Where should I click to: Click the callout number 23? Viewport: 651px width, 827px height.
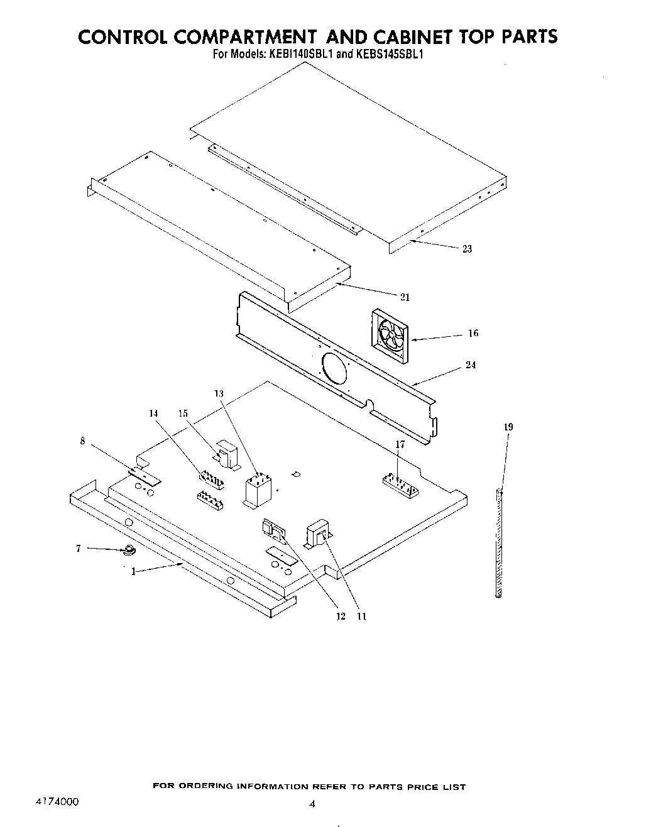pyautogui.click(x=467, y=249)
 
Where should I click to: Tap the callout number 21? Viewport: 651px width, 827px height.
pyautogui.click(x=405, y=297)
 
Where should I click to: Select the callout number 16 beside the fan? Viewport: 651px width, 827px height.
pyautogui.click(x=473, y=333)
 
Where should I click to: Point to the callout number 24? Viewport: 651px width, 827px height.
pyautogui.click(x=471, y=365)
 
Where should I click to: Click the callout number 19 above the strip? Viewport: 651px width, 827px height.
pyautogui.click(x=508, y=427)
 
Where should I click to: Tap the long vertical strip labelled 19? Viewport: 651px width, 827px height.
pyautogui.click(x=500, y=544)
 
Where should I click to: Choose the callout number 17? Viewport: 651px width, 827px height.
pyautogui.click(x=400, y=444)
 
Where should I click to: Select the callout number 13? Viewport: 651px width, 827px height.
pyautogui.click(x=219, y=393)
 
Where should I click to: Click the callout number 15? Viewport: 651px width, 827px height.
pyautogui.click(x=183, y=413)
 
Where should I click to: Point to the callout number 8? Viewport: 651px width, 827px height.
pyautogui.click(x=82, y=441)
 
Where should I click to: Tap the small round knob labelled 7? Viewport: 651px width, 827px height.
pyautogui.click(x=129, y=551)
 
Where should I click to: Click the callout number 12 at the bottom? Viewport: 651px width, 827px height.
pyautogui.click(x=341, y=616)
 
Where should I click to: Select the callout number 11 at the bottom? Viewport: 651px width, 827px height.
pyautogui.click(x=361, y=616)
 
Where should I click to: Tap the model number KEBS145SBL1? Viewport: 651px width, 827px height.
pyautogui.click(x=390, y=54)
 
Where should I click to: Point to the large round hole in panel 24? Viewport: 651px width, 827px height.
pyautogui.click(x=334, y=368)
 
